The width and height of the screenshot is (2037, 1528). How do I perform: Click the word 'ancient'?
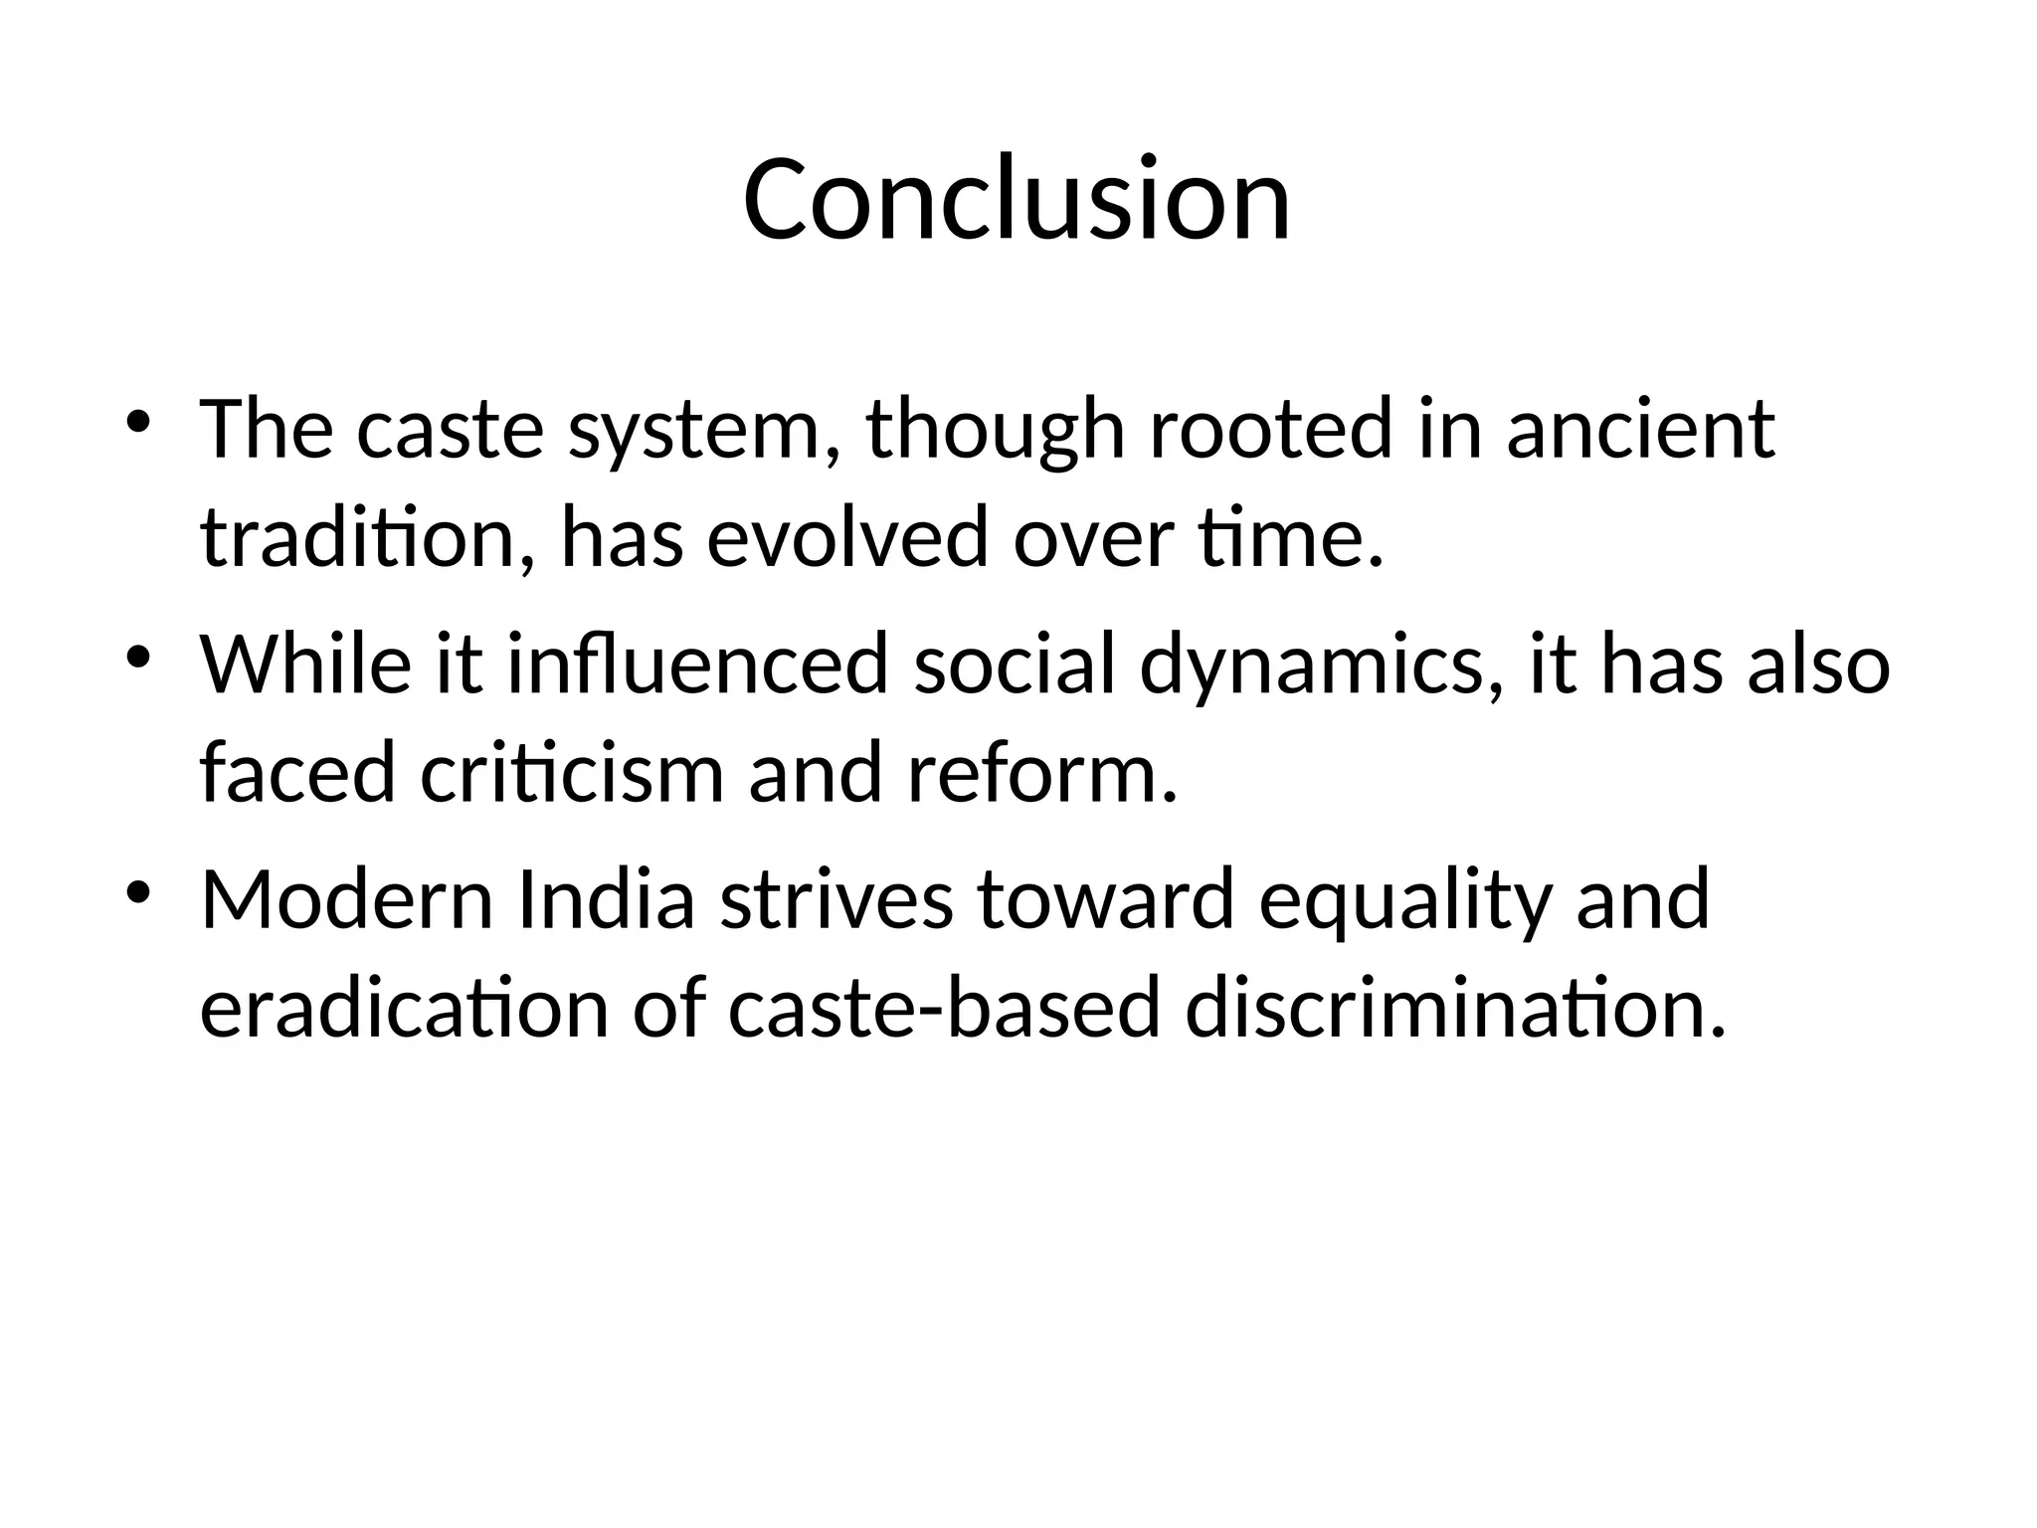(1639, 430)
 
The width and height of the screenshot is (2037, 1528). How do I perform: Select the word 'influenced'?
(697, 665)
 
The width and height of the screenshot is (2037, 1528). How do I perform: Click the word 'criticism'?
(572, 773)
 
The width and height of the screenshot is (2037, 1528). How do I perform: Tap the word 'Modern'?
(347, 899)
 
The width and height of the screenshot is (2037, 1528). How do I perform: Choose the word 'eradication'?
(404, 1007)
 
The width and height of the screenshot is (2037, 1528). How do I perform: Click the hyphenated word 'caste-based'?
(944, 1007)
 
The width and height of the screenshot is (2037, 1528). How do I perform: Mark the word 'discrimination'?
(1455, 1007)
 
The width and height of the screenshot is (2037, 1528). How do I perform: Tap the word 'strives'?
(836, 899)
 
